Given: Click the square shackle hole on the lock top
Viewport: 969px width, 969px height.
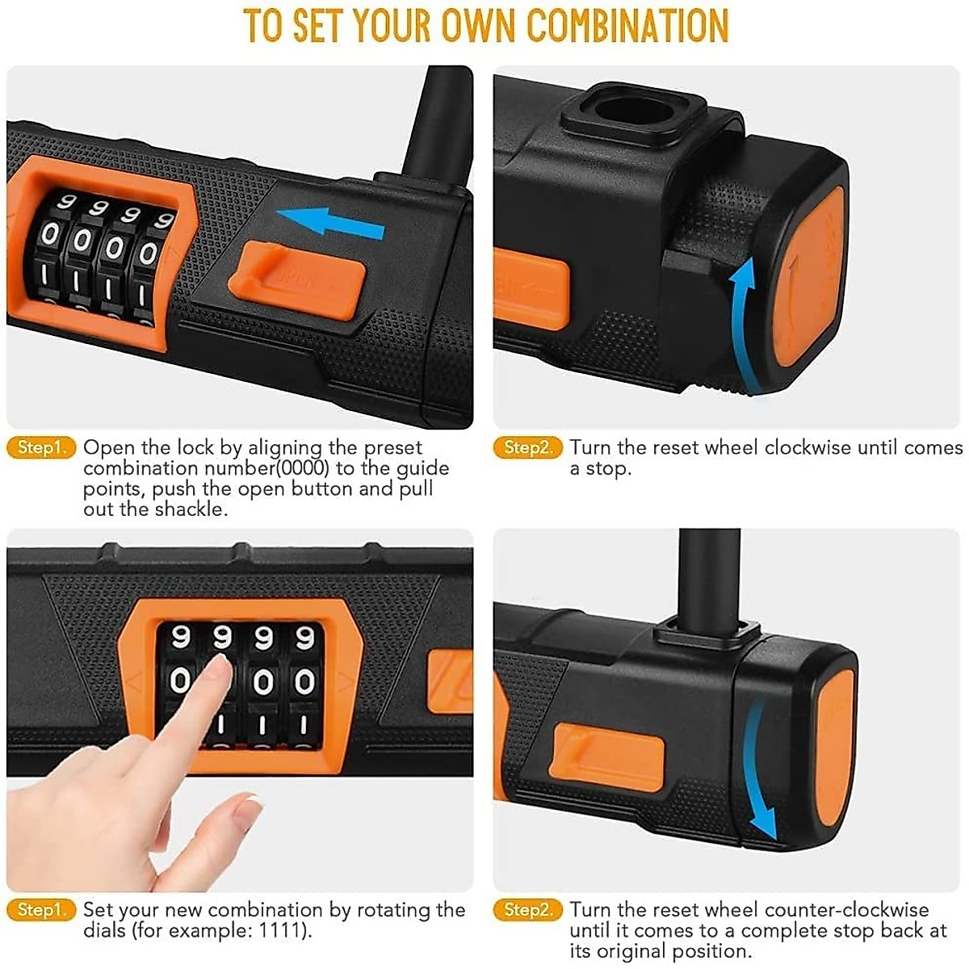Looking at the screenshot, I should (x=631, y=111).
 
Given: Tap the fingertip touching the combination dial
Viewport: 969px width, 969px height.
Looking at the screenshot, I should (x=216, y=669).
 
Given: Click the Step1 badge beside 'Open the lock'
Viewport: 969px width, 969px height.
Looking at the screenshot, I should (x=40, y=447).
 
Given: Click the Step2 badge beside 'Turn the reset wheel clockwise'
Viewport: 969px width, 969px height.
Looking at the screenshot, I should (x=526, y=447).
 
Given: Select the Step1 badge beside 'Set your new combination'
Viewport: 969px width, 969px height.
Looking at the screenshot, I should (x=40, y=910).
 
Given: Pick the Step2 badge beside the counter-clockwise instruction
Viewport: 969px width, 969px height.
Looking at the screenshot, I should (x=526, y=910).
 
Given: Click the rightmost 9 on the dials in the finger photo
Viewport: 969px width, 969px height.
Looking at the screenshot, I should (x=304, y=638).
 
